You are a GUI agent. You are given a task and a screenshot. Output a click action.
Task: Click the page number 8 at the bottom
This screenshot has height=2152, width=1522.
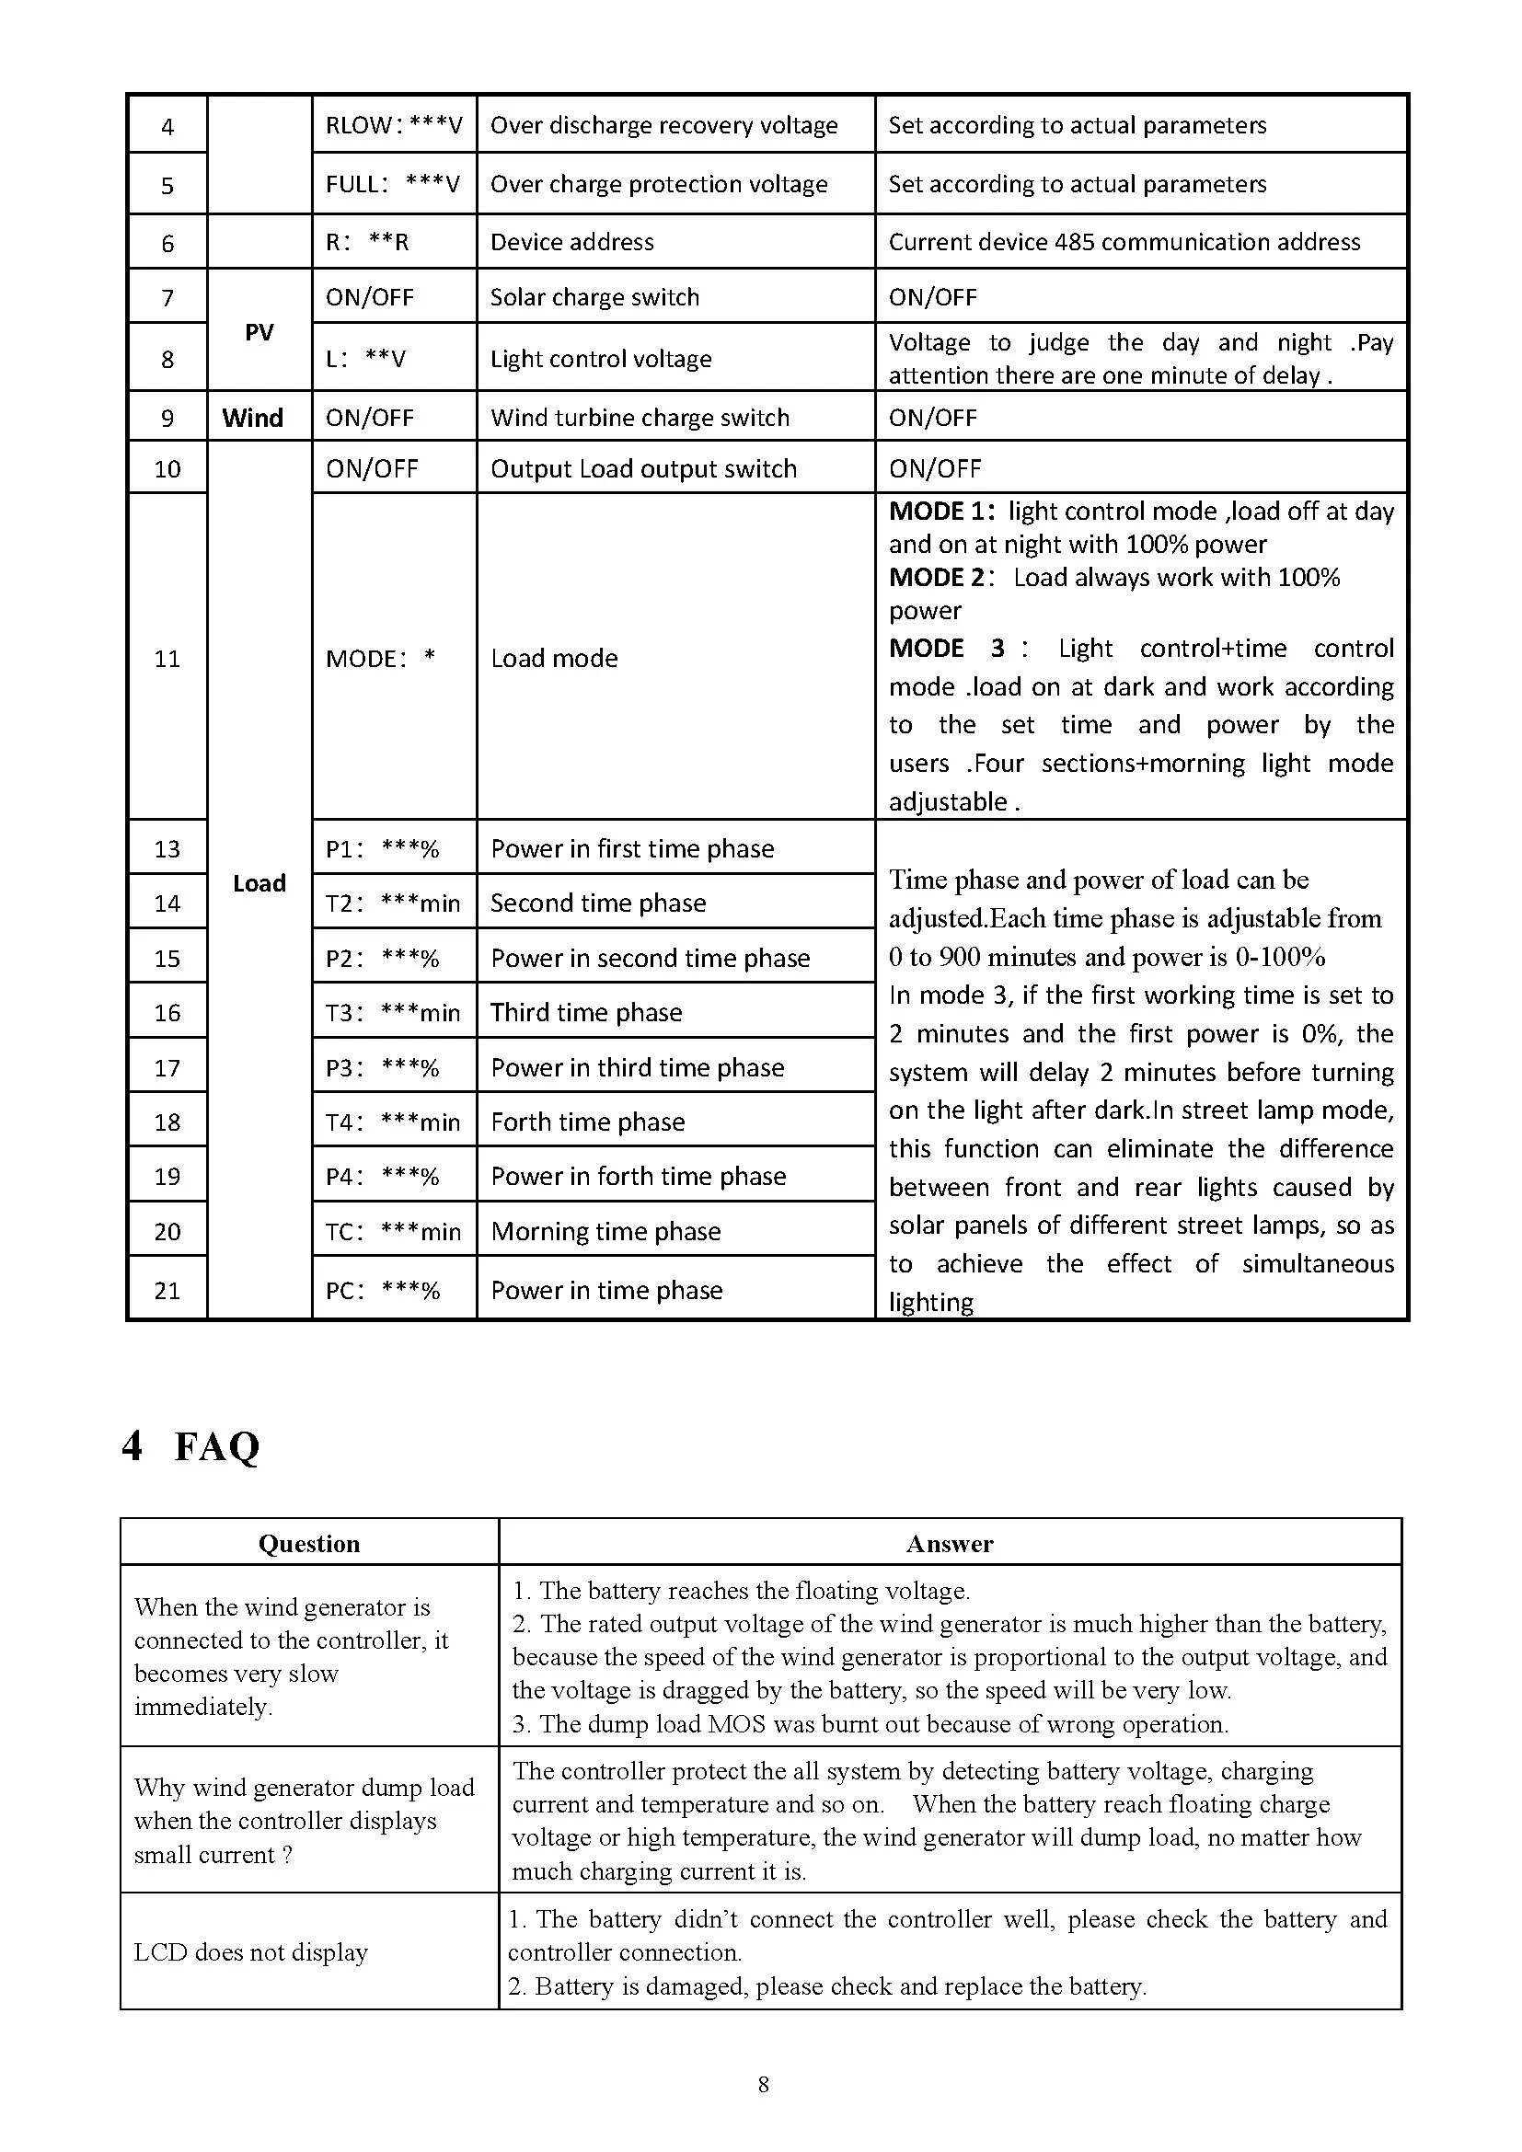763,2084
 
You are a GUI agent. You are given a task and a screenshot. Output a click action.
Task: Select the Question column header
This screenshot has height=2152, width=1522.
308,1544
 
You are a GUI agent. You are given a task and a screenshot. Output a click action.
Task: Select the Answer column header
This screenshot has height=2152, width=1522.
949,1544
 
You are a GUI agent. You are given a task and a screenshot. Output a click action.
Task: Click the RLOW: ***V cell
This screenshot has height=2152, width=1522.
394,124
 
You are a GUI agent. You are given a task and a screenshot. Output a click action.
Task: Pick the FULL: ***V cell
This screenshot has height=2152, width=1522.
393,184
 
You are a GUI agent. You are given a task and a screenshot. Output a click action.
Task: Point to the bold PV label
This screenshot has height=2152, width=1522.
259,332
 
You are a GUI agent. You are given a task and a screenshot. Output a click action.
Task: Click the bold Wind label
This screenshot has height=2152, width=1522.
252,417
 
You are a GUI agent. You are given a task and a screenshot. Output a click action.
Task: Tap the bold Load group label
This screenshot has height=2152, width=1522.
259,883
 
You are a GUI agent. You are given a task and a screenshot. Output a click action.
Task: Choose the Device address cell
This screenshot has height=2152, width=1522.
571,242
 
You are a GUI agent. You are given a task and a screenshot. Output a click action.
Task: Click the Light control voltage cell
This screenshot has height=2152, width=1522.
601,358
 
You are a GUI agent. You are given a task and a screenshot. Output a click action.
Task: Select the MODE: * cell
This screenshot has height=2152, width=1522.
379,658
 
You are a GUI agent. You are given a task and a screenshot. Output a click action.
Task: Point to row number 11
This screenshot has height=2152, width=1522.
167,658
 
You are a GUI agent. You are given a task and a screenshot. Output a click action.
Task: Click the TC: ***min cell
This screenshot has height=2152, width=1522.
393,1231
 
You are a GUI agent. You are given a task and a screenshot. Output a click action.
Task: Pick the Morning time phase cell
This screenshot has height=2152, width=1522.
605,1231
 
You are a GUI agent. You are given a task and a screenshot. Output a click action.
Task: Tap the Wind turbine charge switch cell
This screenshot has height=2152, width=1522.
640,417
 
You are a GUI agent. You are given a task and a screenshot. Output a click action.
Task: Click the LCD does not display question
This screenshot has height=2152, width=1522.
250,1951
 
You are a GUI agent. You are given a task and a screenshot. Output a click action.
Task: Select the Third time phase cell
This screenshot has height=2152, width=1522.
586,1012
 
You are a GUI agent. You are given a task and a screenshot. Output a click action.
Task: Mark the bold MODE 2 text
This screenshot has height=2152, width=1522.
937,578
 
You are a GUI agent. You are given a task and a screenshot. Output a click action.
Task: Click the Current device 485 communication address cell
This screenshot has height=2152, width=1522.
1124,242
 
